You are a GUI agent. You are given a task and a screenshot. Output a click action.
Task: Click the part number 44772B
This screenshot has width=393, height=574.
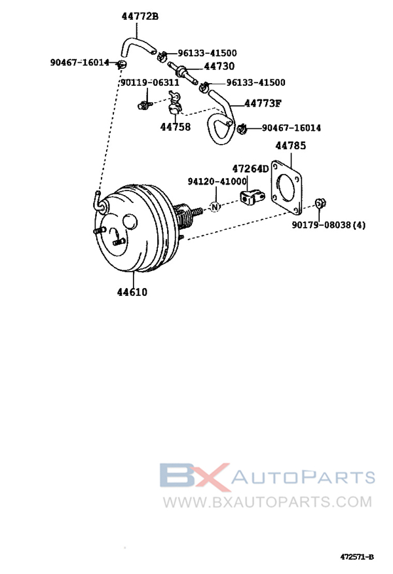pyautogui.click(x=140, y=16)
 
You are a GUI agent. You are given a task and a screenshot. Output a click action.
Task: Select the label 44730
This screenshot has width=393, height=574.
pyautogui.click(x=219, y=66)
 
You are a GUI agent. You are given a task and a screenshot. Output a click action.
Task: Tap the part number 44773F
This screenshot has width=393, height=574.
pyautogui.click(x=263, y=103)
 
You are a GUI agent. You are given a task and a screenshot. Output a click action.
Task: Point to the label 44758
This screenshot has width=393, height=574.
pyautogui.click(x=175, y=127)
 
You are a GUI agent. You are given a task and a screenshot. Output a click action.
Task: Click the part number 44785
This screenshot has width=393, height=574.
pyautogui.click(x=290, y=146)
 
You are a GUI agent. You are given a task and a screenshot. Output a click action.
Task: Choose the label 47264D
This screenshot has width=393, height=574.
pyautogui.click(x=250, y=169)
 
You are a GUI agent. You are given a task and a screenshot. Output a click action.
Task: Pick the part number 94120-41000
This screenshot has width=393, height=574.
pyautogui.click(x=217, y=181)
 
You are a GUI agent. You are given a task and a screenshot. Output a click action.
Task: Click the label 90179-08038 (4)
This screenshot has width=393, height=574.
pyautogui.click(x=329, y=224)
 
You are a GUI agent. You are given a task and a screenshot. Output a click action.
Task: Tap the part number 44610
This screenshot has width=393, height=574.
pyautogui.click(x=132, y=292)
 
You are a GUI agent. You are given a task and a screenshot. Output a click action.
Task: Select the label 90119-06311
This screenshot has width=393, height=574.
pyautogui.click(x=150, y=82)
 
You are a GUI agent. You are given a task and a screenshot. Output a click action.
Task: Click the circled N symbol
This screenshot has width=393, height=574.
pyautogui.click(x=215, y=207)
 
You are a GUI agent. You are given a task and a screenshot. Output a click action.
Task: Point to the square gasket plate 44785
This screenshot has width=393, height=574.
pyautogui.click(x=286, y=187)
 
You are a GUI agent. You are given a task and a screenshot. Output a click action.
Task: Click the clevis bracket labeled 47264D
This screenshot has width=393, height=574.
pyautogui.click(x=252, y=197)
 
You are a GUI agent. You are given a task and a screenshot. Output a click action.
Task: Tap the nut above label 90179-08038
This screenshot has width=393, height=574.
pyautogui.click(x=320, y=202)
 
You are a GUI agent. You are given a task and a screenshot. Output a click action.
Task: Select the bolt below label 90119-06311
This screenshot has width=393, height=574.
pyautogui.click(x=144, y=105)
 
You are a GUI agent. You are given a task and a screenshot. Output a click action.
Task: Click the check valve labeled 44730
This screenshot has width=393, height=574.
pyautogui.click(x=182, y=73)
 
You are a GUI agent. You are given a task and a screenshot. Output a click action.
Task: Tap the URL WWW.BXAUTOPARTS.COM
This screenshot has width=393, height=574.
pyautogui.click(x=267, y=501)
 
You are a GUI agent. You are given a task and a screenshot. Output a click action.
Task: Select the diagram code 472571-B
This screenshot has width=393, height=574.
pyautogui.click(x=357, y=557)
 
